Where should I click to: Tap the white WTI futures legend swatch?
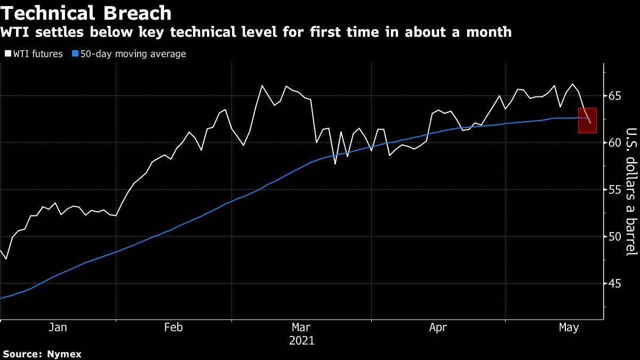click(7, 54)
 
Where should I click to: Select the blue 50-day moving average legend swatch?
click(75, 54)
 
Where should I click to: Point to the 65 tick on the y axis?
click(615, 97)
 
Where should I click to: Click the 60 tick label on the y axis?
click(615, 143)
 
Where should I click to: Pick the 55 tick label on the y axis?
click(615, 190)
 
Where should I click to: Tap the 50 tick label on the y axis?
click(615, 237)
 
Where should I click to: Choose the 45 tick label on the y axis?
click(615, 284)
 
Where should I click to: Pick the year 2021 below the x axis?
click(301, 341)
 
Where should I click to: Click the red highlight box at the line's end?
click(587, 120)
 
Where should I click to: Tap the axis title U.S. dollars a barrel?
click(631, 199)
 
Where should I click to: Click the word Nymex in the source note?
click(64, 354)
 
